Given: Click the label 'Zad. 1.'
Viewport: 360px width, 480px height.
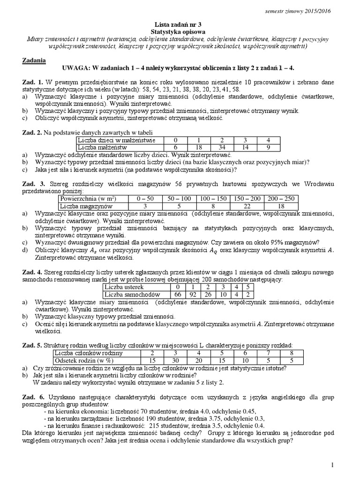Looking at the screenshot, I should [x=33, y=82].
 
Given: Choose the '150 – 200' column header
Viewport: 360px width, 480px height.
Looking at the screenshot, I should [x=247, y=199].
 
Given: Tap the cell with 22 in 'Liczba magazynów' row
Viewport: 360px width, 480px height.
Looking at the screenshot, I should [x=247, y=206].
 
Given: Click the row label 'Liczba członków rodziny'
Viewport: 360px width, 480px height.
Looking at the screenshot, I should [x=89, y=353].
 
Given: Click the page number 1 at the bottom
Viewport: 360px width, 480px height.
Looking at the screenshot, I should [x=332, y=465].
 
